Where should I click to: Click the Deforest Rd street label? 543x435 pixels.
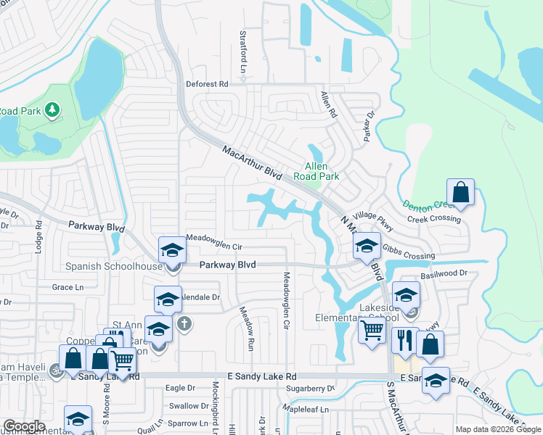pyautogui.click(x=207, y=84)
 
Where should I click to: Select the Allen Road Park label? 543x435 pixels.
pyautogui.click(x=317, y=171)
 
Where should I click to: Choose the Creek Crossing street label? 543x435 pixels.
pyautogui.click(x=433, y=218)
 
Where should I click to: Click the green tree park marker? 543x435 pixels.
pyautogui.click(x=52, y=109)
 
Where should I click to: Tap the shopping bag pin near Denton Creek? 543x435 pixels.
pyautogui.click(x=460, y=193)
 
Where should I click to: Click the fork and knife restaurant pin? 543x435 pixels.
pyautogui.click(x=404, y=340)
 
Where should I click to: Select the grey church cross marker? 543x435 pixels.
pyautogui.click(x=184, y=323)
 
